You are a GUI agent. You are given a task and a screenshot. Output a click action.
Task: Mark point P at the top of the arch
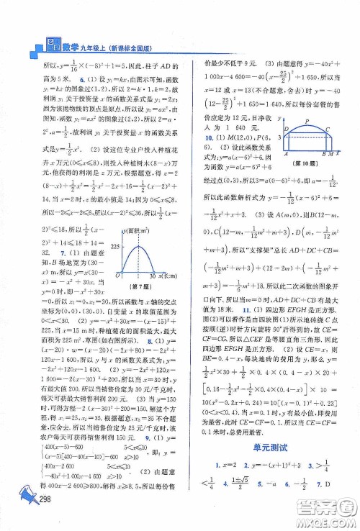[308, 122]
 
